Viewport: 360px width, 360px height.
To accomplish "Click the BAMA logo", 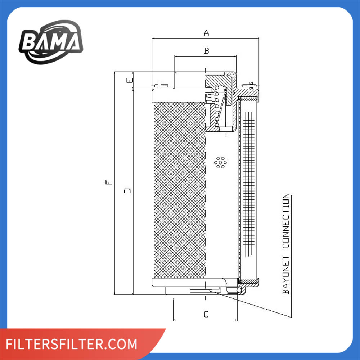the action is click(x=51, y=42).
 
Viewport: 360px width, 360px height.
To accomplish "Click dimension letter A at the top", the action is click(x=206, y=33).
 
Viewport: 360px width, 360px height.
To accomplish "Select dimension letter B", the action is click(x=207, y=50).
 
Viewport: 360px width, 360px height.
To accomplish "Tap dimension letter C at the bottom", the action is click(x=206, y=314).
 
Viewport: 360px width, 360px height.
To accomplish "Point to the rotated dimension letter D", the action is click(x=127, y=190).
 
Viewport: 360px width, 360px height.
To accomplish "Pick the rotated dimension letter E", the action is click(x=130, y=80).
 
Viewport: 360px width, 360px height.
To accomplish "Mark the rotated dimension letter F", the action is click(x=109, y=182).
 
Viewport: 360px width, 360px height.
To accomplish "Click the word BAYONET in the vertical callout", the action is click(x=286, y=275).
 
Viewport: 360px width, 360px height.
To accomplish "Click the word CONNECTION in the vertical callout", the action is click(x=286, y=221).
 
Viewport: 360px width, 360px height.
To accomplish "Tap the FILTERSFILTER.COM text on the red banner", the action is click(x=71, y=344).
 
